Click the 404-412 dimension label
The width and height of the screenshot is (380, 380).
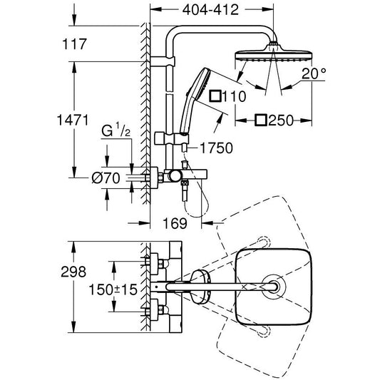point(210,10)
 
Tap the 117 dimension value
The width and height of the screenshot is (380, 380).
point(74,44)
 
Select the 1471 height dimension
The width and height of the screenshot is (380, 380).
point(73,120)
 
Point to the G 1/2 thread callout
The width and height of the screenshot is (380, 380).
point(115,131)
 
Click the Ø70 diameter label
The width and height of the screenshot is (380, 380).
point(106,178)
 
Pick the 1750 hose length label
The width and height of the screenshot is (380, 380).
point(216,148)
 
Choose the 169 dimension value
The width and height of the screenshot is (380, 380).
point(175,223)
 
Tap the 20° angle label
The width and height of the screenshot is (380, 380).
point(314,73)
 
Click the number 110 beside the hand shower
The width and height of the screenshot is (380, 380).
point(234,96)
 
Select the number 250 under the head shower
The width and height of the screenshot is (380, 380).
point(281,120)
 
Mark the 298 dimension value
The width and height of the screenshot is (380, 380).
point(73,272)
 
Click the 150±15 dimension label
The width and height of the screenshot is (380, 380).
point(113,289)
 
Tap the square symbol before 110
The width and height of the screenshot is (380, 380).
point(215,96)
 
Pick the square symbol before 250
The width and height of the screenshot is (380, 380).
point(261,120)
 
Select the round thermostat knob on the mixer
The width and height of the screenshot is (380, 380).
point(175,176)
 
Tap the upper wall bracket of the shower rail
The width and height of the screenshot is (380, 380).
point(163,61)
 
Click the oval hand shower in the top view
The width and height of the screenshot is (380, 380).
point(200,287)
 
